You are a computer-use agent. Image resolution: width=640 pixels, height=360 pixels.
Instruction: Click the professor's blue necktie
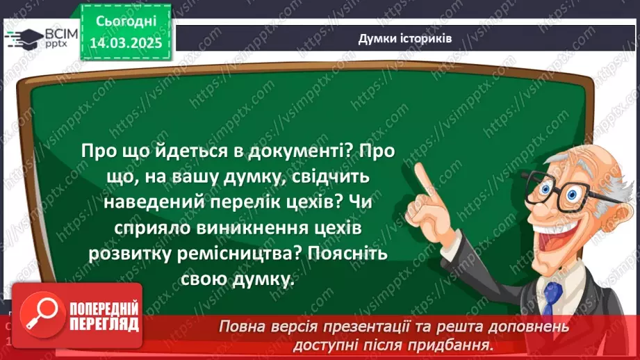(552, 295)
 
